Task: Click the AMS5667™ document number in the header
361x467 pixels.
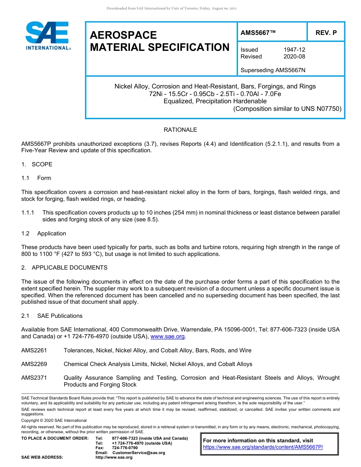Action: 258,33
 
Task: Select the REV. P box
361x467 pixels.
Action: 326,33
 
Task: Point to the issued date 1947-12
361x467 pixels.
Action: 294,50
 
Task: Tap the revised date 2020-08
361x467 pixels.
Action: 294,57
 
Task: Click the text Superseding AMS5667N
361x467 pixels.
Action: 273,70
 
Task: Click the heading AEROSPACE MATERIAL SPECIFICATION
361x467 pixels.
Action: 160,41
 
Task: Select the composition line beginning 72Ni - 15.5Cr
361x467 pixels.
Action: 215,94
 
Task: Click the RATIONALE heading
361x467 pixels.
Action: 180,130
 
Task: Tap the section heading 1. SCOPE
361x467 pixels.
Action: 37,164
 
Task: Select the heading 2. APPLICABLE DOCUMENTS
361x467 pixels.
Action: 64,268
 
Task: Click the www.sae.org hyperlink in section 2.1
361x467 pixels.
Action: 168,336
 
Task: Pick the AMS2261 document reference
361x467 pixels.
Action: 34,350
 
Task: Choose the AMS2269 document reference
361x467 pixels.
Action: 34,364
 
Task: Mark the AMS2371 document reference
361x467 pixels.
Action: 34,378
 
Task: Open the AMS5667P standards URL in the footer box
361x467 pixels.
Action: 263,447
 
